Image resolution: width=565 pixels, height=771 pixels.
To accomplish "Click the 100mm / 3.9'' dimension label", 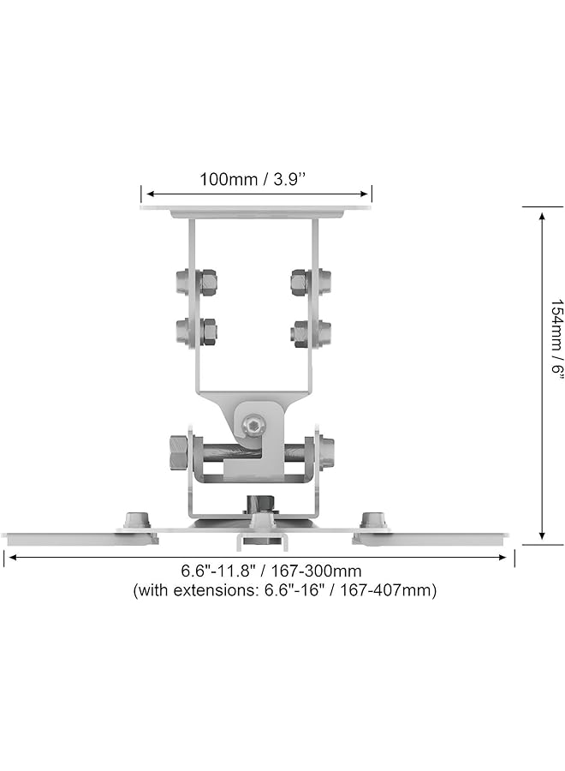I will (x=255, y=179).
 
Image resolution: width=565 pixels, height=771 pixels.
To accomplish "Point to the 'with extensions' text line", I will (x=284, y=590).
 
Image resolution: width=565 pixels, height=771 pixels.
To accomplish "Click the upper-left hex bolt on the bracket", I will (x=195, y=280).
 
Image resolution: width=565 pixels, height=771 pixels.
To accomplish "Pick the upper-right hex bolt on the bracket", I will (x=311, y=280).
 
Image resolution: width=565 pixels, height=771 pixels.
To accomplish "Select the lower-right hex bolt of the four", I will (x=311, y=331).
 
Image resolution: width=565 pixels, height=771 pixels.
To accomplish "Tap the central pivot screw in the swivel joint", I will (x=253, y=423).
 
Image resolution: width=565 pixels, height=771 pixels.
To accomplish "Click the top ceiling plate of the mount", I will (x=256, y=208).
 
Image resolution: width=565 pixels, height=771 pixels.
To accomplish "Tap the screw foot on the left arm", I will (x=137, y=520).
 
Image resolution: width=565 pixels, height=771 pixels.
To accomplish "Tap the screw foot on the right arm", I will (x=373, y=520).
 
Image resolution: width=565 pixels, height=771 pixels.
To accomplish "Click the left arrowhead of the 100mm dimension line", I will (x=146, y=194).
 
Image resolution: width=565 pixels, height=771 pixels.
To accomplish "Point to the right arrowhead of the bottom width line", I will (x=506, y=557).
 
